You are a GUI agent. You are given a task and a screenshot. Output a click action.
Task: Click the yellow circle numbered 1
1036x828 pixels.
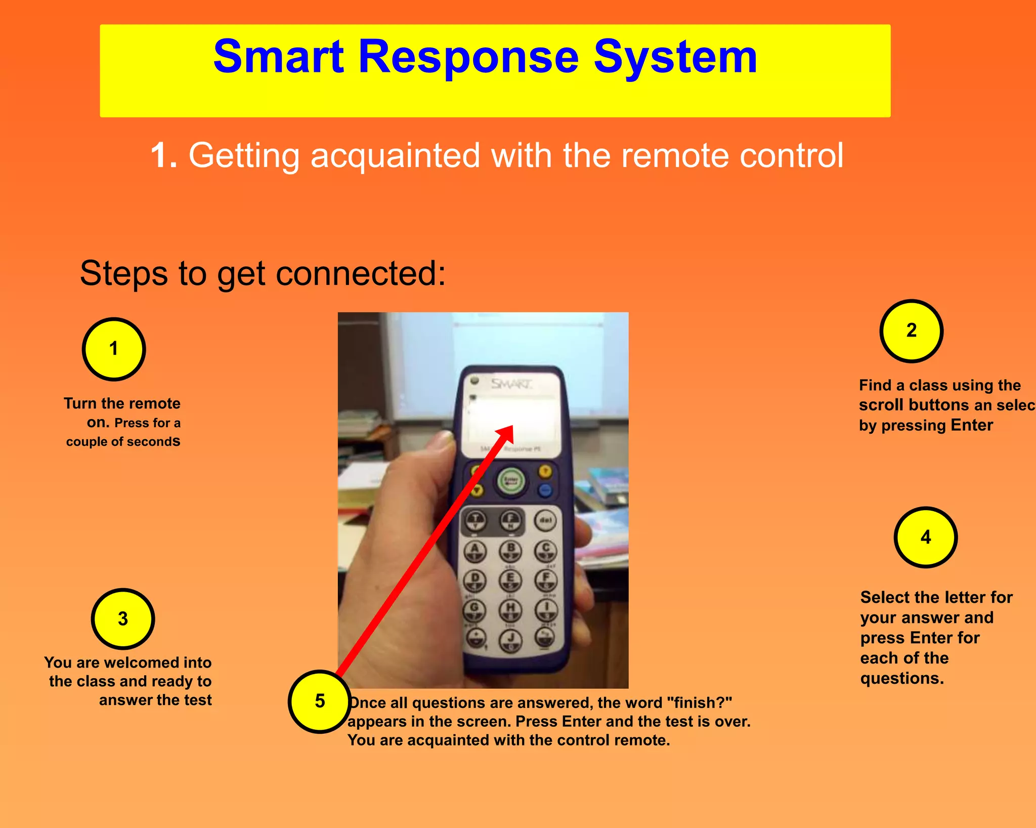(114, 349)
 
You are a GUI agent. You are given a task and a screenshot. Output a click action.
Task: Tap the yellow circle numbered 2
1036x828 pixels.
(911, 330)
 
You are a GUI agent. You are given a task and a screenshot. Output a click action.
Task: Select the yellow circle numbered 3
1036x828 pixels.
(123, 618)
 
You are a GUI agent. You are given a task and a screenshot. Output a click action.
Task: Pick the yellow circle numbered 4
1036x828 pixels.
(925, 537)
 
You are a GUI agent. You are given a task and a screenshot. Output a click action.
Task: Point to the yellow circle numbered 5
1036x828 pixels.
(320, 701)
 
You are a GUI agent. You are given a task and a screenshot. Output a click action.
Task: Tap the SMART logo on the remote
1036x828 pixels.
(511, 384)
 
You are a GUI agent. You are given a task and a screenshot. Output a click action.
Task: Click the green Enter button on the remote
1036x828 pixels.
(511, 480)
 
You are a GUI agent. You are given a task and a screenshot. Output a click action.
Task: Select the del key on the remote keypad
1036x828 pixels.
(545, 520)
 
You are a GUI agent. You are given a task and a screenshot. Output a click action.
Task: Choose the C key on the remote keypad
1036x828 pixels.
(546, 550)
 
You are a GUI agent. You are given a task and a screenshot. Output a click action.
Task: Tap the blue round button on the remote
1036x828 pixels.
(545, 489)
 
